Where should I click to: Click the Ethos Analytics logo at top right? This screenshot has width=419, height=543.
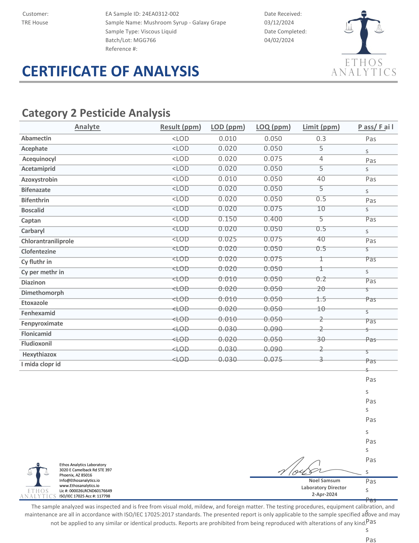364,43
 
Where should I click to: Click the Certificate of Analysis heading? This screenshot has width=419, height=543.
110,71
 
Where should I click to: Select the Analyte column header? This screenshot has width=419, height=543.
87,127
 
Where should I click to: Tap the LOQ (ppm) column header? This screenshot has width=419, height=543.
273,127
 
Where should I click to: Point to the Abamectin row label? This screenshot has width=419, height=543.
36,138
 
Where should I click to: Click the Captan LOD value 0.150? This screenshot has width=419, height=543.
228,219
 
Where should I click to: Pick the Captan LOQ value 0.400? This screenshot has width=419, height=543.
273,219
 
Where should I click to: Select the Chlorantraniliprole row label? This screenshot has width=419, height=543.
47,241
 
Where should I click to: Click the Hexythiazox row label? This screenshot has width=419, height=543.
40,355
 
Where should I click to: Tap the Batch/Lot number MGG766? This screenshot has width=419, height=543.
145,40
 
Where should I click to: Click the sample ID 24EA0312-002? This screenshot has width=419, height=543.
160,14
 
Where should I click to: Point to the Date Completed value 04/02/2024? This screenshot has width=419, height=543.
279,40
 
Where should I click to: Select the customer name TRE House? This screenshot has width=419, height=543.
35,23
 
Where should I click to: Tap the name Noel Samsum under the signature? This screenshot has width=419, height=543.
324,481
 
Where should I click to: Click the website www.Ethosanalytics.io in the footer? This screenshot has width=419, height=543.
79,486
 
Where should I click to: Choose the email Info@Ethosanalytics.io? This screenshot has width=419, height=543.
79,481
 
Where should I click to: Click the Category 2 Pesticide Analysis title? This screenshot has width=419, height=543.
96,113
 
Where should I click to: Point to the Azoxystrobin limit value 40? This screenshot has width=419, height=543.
321,179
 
